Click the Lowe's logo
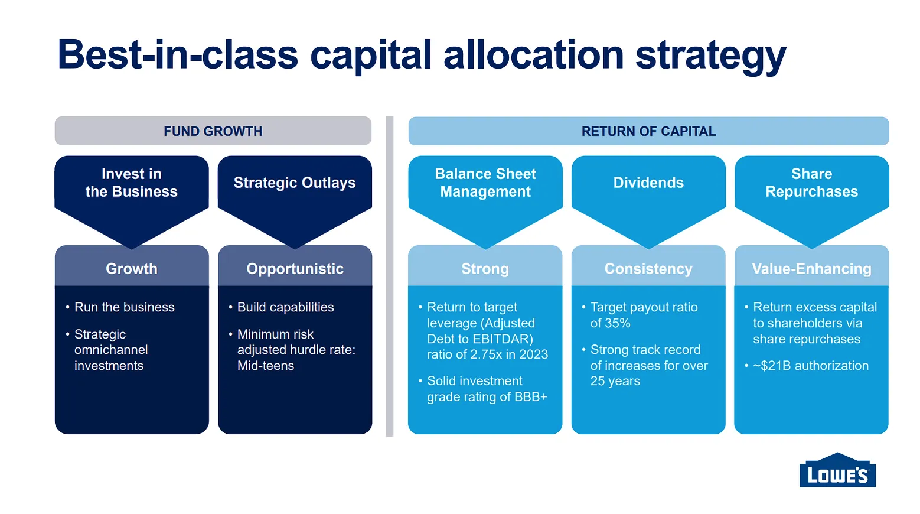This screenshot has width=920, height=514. tap(837, 470)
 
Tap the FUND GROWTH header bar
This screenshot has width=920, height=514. tap(213, 131)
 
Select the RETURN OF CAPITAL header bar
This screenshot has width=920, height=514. tap(648, 131)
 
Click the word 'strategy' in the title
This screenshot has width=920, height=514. tap(710, 56)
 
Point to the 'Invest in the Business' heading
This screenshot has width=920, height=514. tap(132, 183)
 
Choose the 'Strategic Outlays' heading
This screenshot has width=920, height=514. tap(295, 183)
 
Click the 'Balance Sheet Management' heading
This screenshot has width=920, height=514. tap(485, 183)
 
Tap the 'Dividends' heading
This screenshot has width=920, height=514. tap(648, 183)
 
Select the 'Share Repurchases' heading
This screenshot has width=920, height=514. tap(811, 183)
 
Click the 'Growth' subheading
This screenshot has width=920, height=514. tap(132, 269)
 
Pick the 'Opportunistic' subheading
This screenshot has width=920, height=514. tap(295, 269)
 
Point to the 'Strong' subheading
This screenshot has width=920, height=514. tap(485, 269)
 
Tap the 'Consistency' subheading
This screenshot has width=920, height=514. tap(648, 269)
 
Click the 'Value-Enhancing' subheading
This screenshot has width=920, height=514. tap(811, 269)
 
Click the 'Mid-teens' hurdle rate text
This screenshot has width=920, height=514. tap(266, 366)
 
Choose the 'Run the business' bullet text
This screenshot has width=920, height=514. tap(125, 307)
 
